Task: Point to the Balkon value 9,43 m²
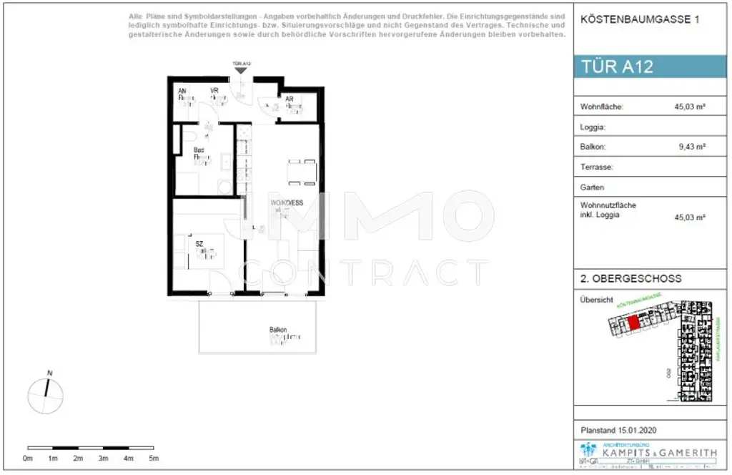tap(692, 147)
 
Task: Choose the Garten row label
tap(593, 187)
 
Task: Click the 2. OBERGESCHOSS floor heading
tap(630, 278)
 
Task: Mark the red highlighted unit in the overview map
tap(633, 322)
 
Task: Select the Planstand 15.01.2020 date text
tap(618, 430)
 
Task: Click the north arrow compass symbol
tap(46, 392)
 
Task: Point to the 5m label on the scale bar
tap(154, 458)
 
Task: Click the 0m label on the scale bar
tap(28, 458)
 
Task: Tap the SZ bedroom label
tap(200, 244)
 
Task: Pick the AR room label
tap(289, 99)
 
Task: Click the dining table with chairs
tap(302, 172)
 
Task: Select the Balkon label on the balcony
tap(278, 330)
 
